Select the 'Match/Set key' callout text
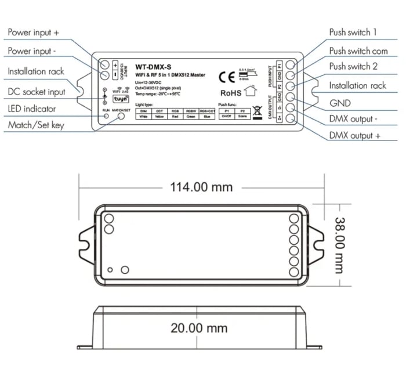36,125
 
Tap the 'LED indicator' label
32,109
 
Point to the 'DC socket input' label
37,91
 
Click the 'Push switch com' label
358,50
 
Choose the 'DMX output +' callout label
355,135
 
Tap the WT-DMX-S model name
153,66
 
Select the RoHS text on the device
230,92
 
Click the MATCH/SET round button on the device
122,116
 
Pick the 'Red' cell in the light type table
175,115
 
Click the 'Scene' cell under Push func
242,115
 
